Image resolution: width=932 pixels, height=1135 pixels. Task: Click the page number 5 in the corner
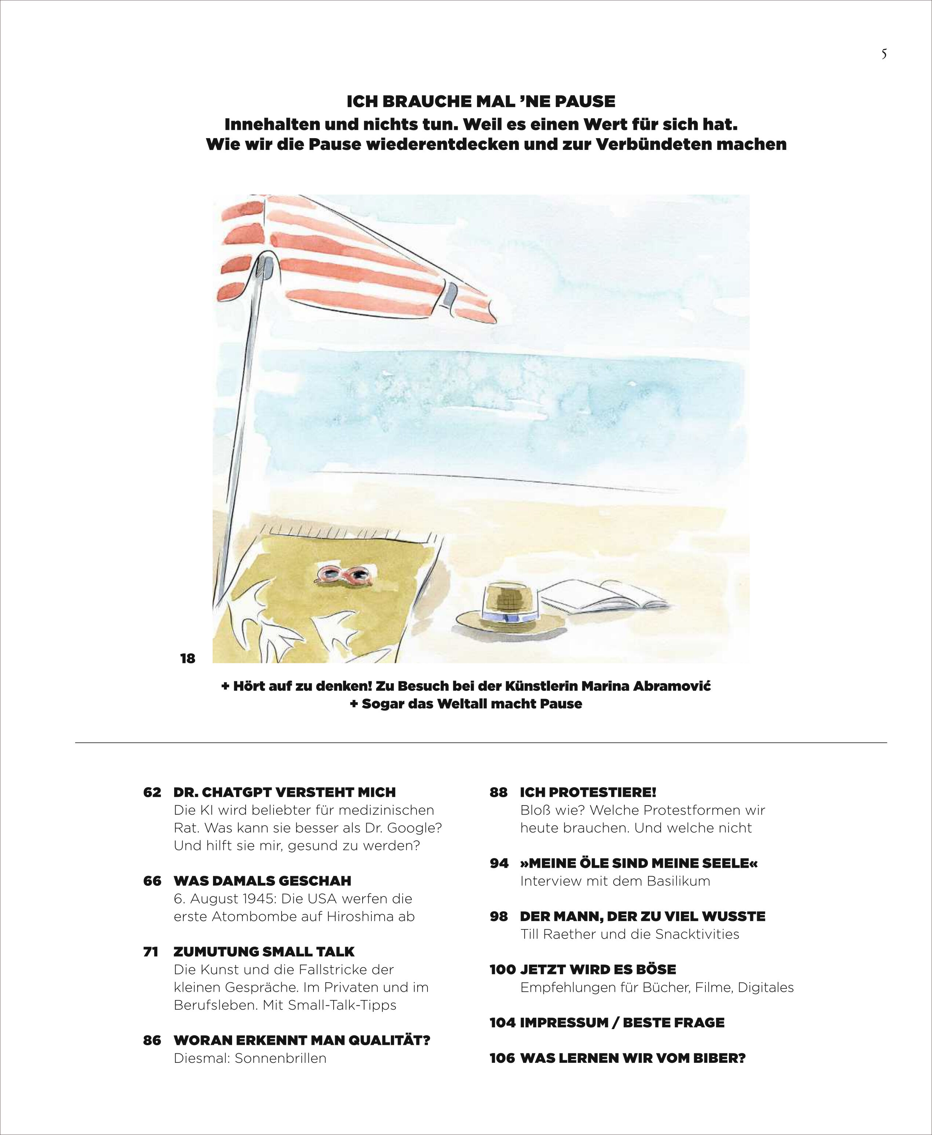click(x=884, y=55)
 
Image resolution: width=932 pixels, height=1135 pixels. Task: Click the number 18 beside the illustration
click(x=187, y=659)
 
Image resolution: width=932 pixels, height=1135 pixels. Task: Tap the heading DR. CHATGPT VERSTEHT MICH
click(x=285, y=792)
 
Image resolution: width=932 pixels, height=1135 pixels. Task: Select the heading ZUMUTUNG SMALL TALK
click(x=264, y=951)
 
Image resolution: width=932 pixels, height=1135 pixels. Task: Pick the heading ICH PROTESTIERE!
click(x=588, y=792)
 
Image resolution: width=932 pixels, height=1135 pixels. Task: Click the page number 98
click(x=498, y=916)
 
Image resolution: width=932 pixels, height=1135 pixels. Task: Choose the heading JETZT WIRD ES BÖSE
click(x=598, y=969)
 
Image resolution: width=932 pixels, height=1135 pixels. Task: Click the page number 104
click(x=503, y=1022)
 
